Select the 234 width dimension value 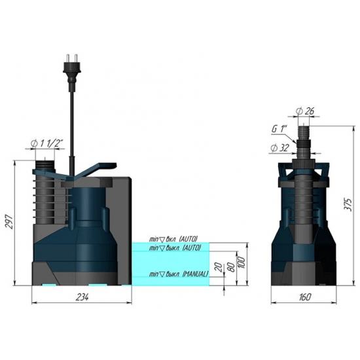[x=82, y=297]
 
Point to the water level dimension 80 [x=230, y=268]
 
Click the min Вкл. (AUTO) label [x=173, y=239]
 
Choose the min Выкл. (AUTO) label [x=174, y=248]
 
